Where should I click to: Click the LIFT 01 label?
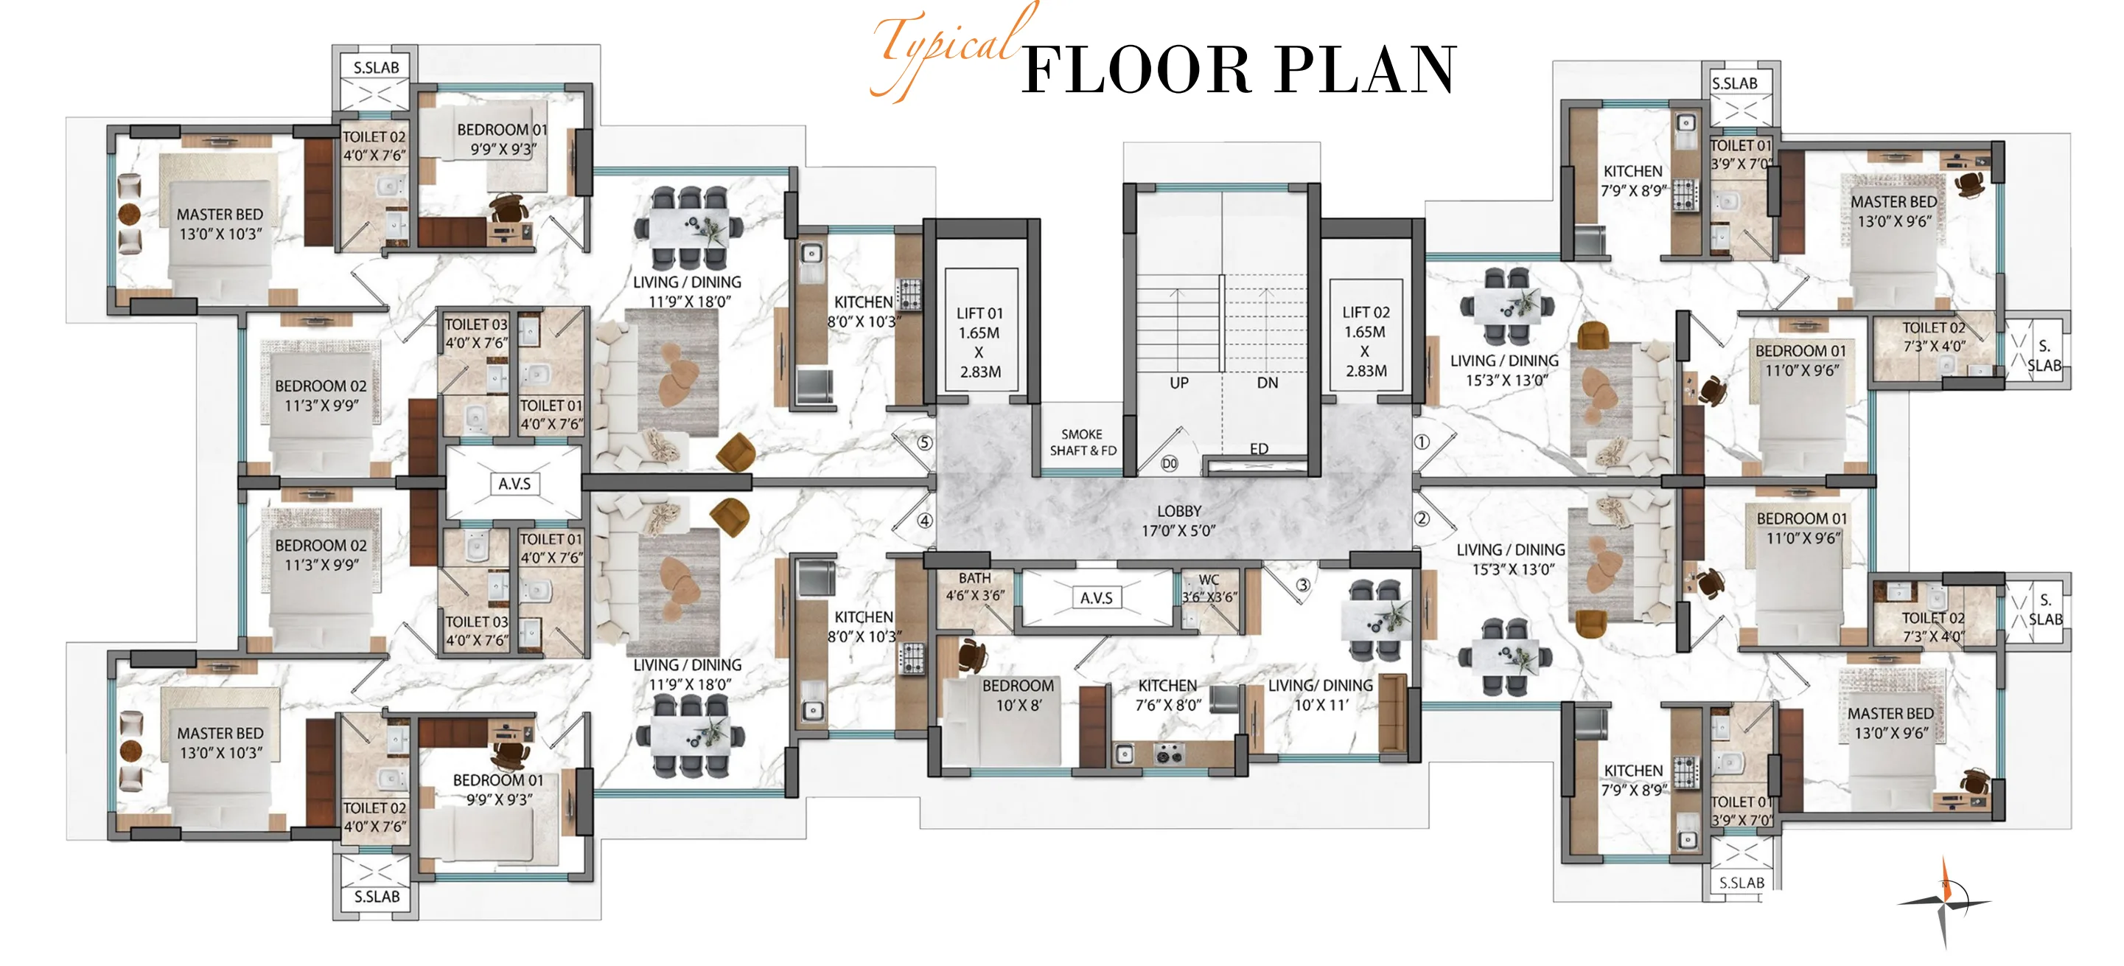[979, 342]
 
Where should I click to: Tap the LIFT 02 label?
[1366, 341]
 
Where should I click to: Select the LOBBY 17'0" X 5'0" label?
[1179, 521]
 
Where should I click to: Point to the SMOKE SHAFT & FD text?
[1083, 442]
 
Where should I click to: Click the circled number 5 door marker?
[925, 443]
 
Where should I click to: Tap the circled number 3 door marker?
[1303, 585]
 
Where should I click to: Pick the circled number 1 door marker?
[1422, 442]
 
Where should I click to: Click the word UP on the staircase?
[1179, 383]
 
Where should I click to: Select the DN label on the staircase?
[1268, 383]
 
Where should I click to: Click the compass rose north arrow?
[1944, 902]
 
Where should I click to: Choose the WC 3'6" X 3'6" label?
[1209, 588]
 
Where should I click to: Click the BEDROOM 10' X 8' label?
[1019, 695]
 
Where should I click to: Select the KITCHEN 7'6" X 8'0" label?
[1167, 695]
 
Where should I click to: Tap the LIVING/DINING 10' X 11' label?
[1321, 695]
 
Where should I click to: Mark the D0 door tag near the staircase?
[1169, 464]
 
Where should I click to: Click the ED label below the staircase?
[1259, 449]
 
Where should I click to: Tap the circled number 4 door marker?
[925, 521]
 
